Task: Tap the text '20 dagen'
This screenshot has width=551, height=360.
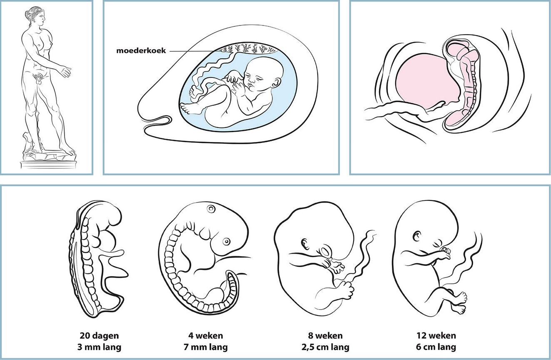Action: tap(100, 335)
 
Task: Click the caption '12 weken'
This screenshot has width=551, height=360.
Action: tap(436, 335)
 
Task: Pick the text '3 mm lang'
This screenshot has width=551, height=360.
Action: tap(100, 347)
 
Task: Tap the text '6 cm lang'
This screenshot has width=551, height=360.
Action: tap(436, 347)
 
